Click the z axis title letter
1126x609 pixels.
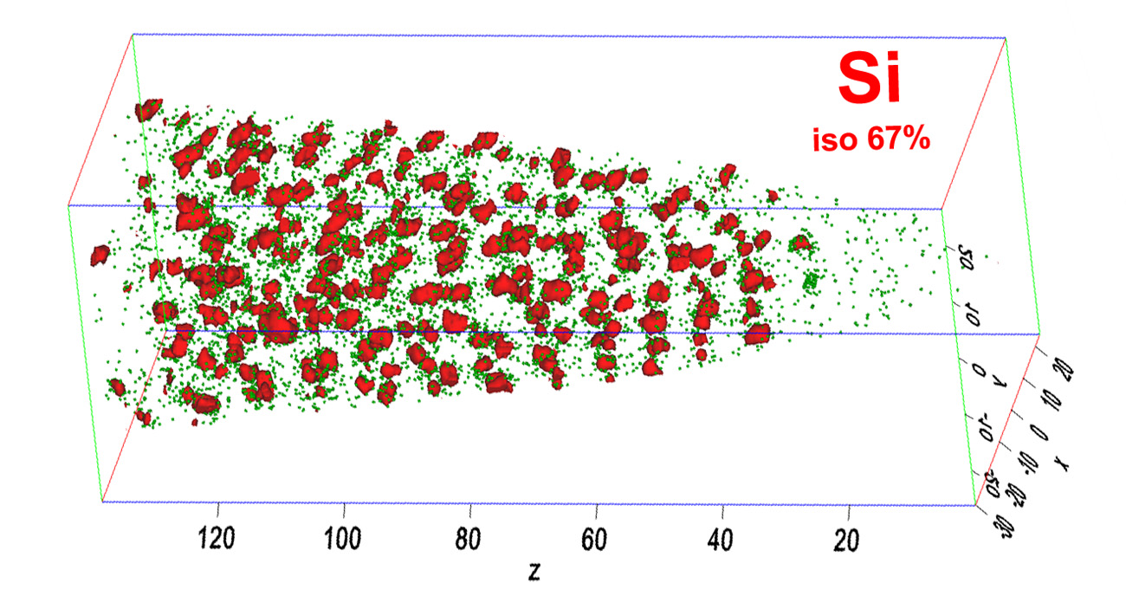pos(534,571)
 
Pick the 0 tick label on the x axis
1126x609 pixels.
pos(1040,433)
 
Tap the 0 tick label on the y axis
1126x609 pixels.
pos(979,371)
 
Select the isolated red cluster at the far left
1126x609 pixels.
pos(101,255)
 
